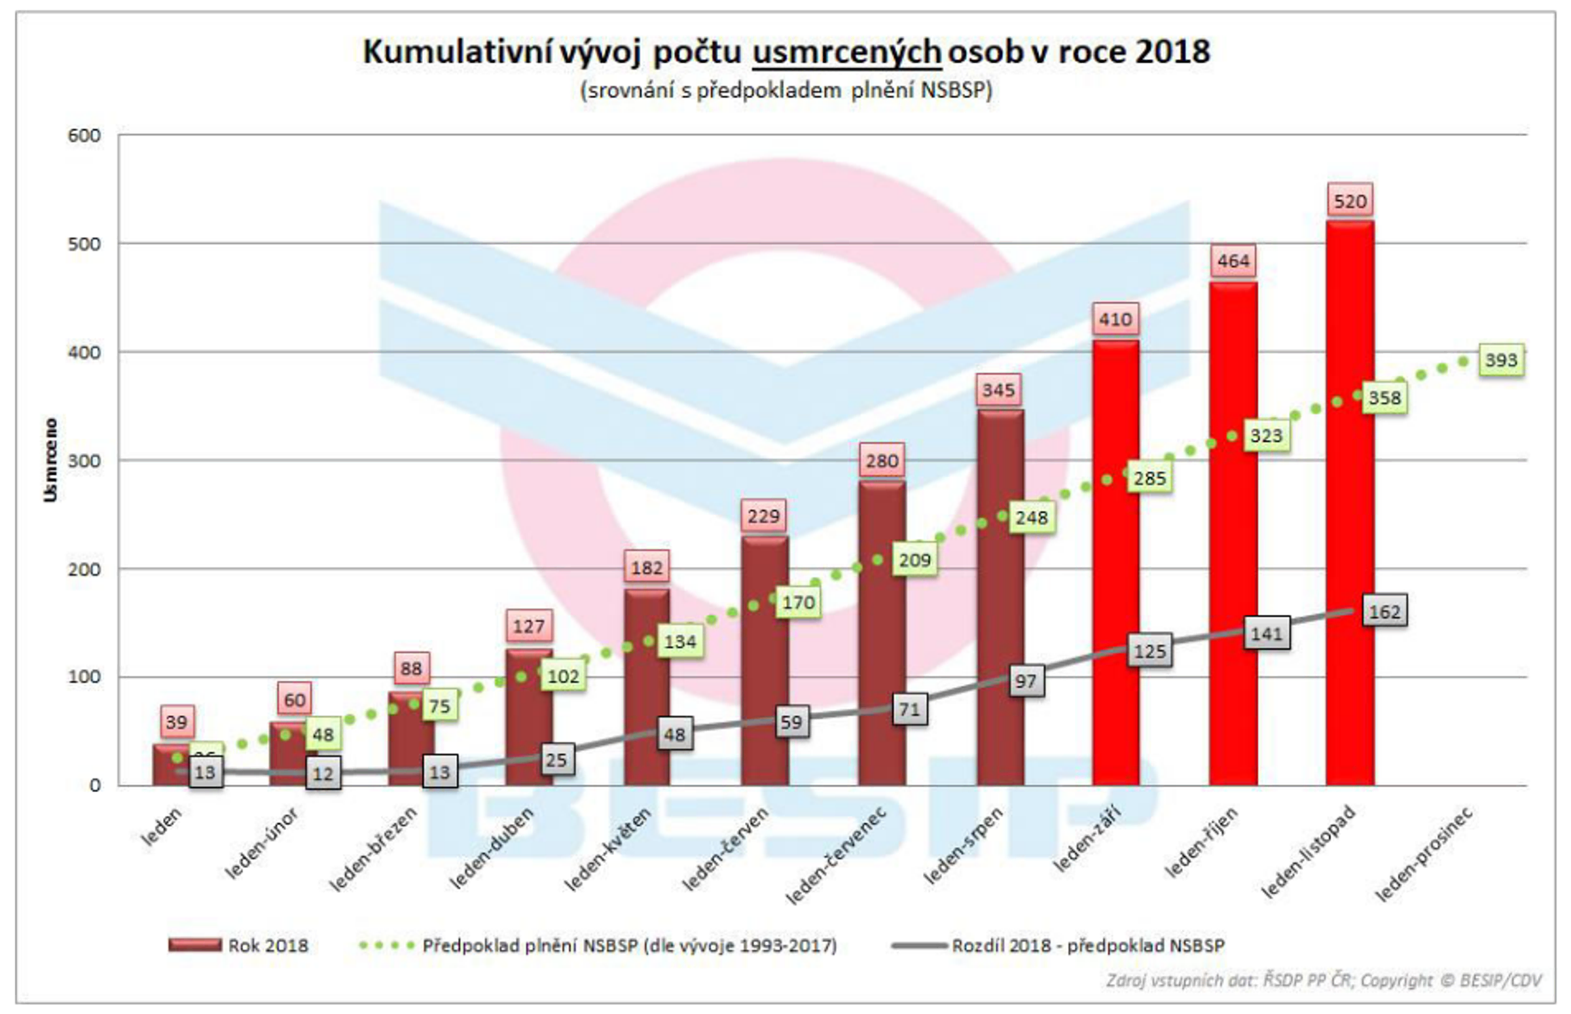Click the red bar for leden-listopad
1350,500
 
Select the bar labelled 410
1115,560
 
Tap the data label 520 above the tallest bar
1350,201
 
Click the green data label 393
1501,360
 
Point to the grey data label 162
1384,611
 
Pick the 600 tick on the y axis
84,136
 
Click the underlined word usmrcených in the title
847,52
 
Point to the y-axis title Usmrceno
50,460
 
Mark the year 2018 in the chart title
1172,52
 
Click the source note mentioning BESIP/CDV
1324,981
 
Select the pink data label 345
998,390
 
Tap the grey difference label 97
1025,681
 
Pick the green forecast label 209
914,560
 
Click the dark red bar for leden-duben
529,717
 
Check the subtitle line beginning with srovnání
785,90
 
